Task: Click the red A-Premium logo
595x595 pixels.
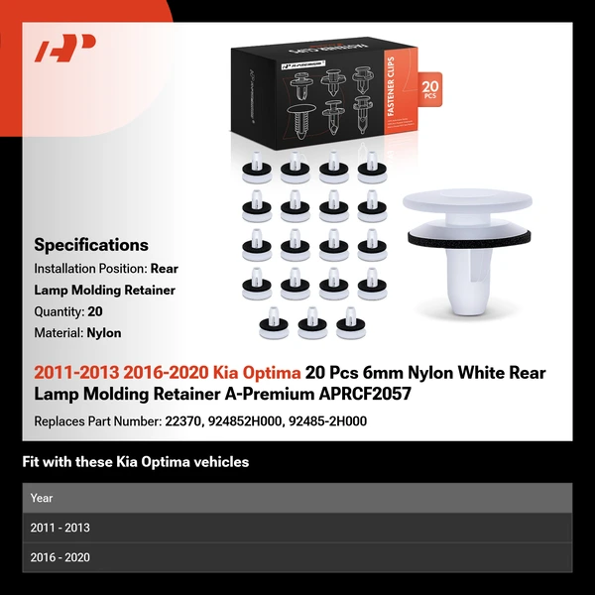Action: pyautogui.click(x=65, y=49)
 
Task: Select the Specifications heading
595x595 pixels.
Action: pyautogui.click(x=91, y=245)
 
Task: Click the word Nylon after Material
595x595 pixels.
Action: pyautogui.click(x=104, y=333)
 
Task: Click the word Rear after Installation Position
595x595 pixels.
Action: pyautogui.click(x=166, y=269)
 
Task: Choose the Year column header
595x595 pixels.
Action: pyautogui.click(x=42, y=498)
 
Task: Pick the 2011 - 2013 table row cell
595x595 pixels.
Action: pyautogui.click(x=59, y=528)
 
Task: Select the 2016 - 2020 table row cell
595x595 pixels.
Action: pyautogui.click(x=59, y=557)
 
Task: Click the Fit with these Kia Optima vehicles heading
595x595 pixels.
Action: pyautogui.click(x=135, y=462)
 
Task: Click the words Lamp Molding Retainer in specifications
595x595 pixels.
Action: pyautogui.click(x=105, y=290)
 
